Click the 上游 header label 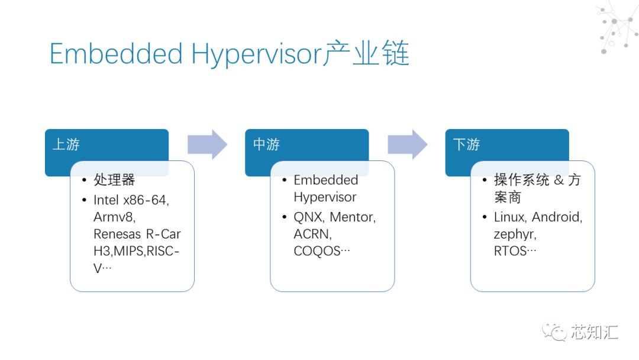[66, 144]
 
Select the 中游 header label [266, 144]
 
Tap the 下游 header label [466, 144]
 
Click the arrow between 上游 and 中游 [208, 144]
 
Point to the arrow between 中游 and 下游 [408, 144]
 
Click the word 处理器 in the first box [114, 180]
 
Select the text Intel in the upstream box [106, 200]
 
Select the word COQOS [317, 251]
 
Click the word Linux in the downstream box [510, 217]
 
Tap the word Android [557, 217]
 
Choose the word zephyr [514, 234]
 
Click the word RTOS [510, 251]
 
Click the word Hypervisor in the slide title [256, 54]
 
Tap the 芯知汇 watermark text [594, 332]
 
